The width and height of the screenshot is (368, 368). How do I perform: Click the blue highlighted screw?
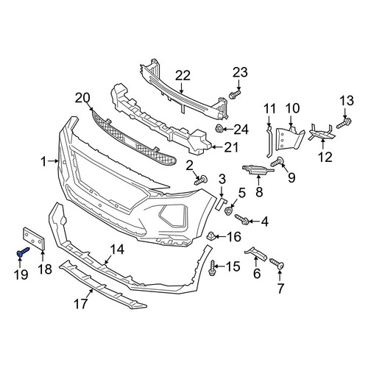coord(23,252)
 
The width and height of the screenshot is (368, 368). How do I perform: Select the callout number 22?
coord(183,76)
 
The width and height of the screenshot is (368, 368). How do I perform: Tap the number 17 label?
coord(81,304)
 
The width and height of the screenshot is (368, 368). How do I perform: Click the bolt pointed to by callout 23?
coord(235,94)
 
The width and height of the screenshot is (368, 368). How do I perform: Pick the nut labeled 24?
coord(219,128)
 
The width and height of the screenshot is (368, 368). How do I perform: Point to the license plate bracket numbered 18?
coord(34,238)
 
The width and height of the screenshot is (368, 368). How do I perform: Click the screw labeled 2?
coord(201,180)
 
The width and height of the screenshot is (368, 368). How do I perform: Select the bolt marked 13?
coord(344,123)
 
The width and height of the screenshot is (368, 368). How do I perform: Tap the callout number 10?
coord(292,108)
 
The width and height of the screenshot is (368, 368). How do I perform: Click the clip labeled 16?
coord(211,236)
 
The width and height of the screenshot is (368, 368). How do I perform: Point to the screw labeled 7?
coord(277,263)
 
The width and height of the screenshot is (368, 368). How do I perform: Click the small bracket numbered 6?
coord(255,253)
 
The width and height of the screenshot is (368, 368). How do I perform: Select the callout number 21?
coord(231,147)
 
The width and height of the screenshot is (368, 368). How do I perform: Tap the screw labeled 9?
coord(277,162)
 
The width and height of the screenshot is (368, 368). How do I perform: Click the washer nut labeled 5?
coord(229,210)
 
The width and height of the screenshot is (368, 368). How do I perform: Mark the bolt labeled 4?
coord(242,219)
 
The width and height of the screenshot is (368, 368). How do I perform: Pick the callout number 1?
coord(43,162)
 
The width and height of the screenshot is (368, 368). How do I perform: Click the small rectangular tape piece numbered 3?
coord(221,204)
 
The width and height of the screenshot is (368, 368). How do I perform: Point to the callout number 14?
coord(117,250)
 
